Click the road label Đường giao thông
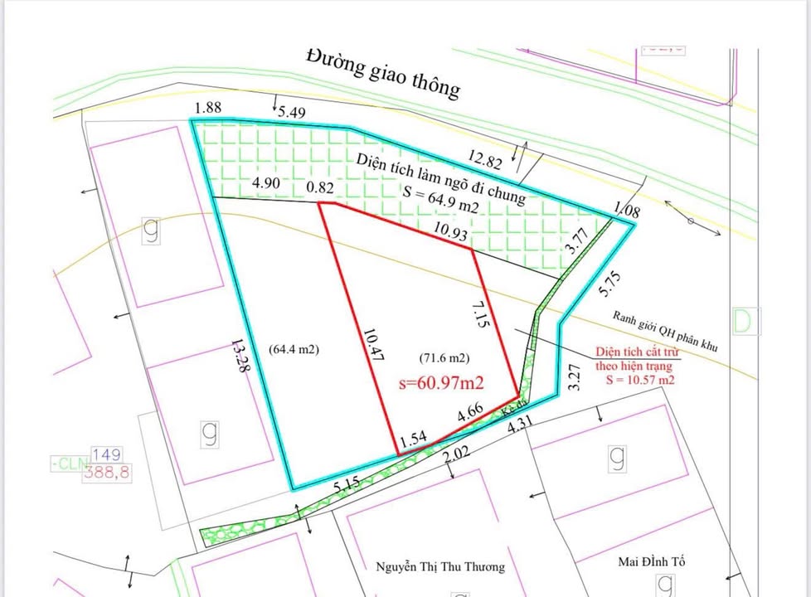[381, 72]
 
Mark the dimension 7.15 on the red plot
[482, 317]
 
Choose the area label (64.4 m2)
[294, 350]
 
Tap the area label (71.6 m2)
[444, 358]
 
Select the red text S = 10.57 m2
[640, 380]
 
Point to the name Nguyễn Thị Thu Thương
[440, 566]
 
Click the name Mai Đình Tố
[654, 561]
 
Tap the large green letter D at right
[745, 321]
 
